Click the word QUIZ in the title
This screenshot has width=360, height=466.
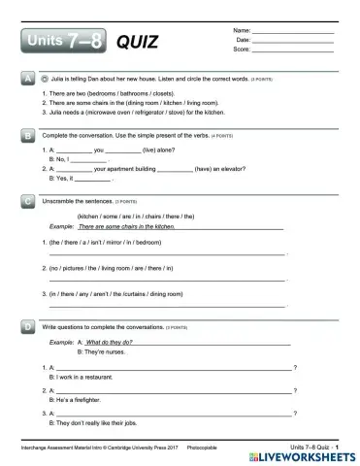[137, 42]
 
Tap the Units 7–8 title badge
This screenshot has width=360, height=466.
[59, 42]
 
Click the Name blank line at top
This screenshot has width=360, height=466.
[293, 32]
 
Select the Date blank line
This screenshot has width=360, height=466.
[293, 41]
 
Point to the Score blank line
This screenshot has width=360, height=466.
[293, 50]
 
